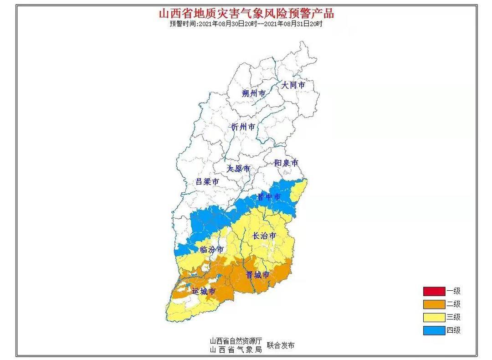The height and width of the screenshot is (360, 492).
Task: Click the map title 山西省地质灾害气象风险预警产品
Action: click(x=246, y=13)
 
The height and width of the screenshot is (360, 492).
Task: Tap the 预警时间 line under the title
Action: click(x=246, y=24)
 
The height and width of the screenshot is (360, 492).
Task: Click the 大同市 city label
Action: click(x=293, y=85)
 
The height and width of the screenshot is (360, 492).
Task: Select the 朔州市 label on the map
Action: click(x=254, y=93)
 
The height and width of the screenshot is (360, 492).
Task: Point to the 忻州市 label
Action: click(x=243, y=127)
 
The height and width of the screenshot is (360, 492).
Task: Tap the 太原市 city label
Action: click(x=239, y=169)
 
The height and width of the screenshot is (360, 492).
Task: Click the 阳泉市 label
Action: click(x=286, y=163)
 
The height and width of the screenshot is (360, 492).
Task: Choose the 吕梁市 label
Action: click(x=207, y=181)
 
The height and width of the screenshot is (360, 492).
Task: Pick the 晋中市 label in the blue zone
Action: click(x=269, y=197)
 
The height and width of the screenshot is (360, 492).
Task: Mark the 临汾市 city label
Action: click(x=212, y=250)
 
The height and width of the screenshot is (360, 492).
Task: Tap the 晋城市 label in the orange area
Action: click(x=258, y=274)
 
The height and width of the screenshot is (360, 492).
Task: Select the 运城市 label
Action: click(x=203, y=291)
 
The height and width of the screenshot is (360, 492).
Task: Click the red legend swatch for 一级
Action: click(x=434, y=291)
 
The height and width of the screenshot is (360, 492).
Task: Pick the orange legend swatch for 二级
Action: click(x=434, y=304)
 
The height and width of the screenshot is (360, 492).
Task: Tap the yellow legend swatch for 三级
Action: click(x=434, y=317)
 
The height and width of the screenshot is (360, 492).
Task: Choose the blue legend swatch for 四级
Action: click(x=434, y=330)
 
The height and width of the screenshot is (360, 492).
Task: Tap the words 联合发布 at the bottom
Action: click(x=281, y=345)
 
